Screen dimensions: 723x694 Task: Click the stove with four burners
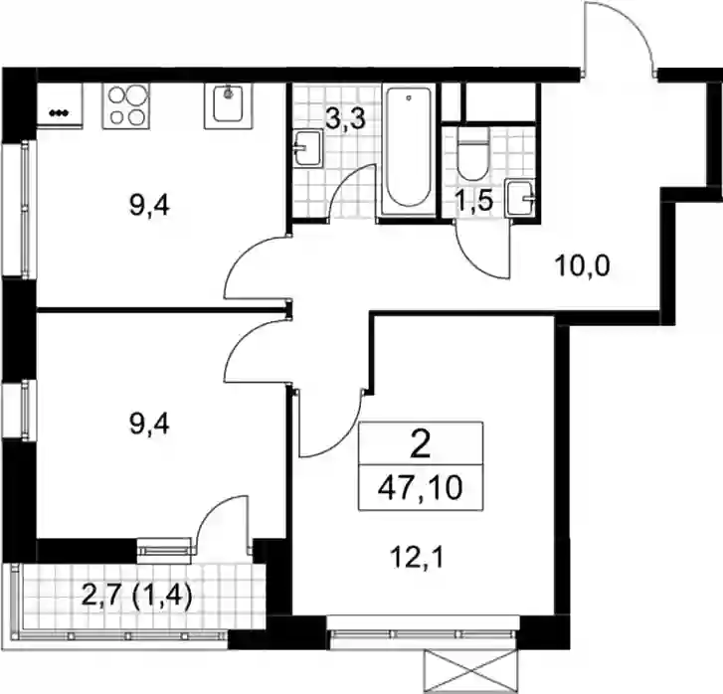(126, 105)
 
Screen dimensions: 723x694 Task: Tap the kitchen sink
(229, 105)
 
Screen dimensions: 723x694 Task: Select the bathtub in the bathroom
(409, 148)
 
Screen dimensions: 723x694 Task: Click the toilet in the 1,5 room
(473, 153)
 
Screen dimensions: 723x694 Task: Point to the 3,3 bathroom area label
(345, 119)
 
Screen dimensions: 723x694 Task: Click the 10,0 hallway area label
(583, 266)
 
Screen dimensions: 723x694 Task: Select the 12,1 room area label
(417, 559)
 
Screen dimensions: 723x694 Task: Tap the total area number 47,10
(420, 488)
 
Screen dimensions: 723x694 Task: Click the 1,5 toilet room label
(474, 201)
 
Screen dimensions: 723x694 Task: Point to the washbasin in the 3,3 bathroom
(307, 148)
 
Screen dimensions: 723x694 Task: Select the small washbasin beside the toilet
(521, 198)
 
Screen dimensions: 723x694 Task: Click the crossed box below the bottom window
(469, 671)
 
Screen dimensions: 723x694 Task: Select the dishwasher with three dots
(60, 105)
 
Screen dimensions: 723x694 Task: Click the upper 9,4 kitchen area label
(149, 206)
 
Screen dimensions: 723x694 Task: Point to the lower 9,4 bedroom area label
(149, 424)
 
